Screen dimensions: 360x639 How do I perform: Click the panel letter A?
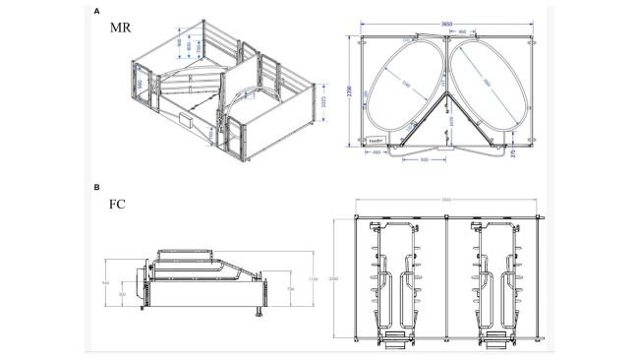coord(94,14)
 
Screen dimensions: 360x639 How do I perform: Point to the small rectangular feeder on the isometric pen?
coord(184,120)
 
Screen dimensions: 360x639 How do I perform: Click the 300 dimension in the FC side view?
coord(123,293)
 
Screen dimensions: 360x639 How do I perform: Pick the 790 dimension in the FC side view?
coord(289,290)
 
